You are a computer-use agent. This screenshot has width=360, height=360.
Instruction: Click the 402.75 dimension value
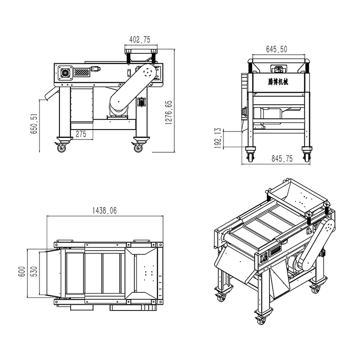(x=140, y=40)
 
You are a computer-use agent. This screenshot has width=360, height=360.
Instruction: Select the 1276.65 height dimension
(x=169, y=112)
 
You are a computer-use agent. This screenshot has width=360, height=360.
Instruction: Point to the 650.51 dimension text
(x=34, y=123)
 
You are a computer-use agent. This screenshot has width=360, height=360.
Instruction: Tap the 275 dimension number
(x=81, y=134)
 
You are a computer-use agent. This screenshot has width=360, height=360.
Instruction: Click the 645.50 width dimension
(x=276, y=49)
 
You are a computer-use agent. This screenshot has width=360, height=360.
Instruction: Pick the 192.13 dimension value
(x=218, y=138)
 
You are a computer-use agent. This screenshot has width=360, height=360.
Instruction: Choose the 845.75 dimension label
(x=282, y=158)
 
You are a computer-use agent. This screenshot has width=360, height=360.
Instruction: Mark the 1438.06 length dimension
(x=105, y=210)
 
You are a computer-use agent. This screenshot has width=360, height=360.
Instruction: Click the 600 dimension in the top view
(x=22, y=272)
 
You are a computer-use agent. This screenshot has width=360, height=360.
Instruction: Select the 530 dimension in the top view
(x=34, y=272)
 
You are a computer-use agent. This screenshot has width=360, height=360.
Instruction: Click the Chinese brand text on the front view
(x=278, y=82)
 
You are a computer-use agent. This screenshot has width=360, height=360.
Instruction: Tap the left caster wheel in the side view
(x=61, y=148)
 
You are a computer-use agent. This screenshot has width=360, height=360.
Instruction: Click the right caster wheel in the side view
(x=138, y=148)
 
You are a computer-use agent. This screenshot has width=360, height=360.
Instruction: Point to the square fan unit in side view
(x=65, y=73)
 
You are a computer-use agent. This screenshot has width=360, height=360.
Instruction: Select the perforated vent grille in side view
(x=82, y=72)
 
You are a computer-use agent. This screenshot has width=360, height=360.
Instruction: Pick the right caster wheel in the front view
(x=307, y=157)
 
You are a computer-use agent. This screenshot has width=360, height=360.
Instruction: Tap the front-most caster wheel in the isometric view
(x=261, y=321)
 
